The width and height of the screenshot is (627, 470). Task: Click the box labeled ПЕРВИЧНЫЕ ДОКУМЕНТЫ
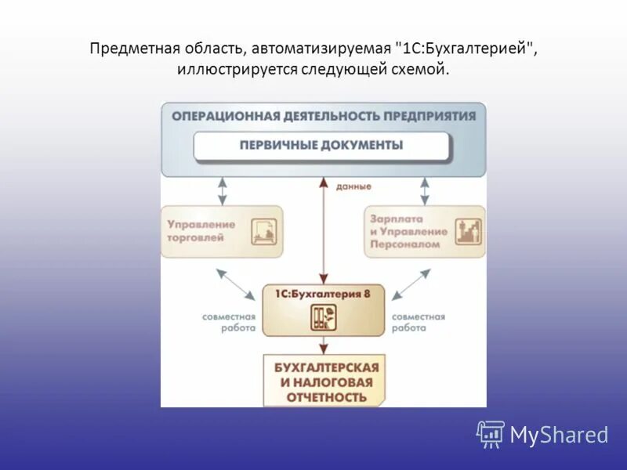tap(321, 146)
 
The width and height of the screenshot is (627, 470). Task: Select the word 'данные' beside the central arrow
tap(353, 186)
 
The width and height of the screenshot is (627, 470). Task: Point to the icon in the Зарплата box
tap(468, 230)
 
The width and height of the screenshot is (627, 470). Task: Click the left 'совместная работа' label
tap(229, 322)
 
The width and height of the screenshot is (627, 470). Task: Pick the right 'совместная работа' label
tap(418, 322)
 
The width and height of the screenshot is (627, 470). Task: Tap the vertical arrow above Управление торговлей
tap(223, 190)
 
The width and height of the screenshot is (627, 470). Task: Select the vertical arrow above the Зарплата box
tap(425, 190)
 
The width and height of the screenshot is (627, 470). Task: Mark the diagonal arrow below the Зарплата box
tap(411, 284)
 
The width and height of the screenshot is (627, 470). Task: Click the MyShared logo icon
tap(491, 434)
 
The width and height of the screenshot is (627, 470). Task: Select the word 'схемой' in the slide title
tap(424, 70)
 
